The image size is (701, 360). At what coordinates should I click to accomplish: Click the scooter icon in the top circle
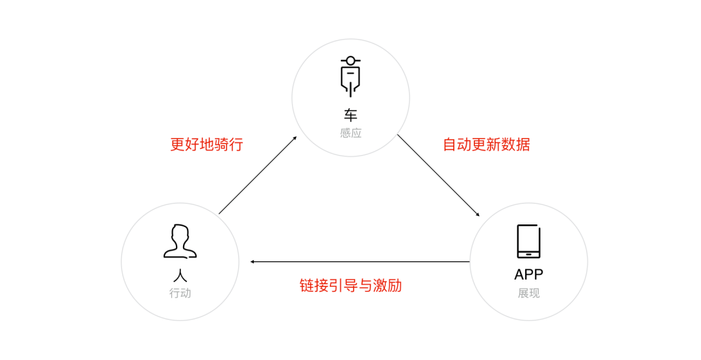[x=350, y=76]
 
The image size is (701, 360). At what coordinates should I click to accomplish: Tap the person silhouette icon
[x=180, y=241]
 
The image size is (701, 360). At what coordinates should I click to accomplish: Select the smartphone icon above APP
[x=528, y=241]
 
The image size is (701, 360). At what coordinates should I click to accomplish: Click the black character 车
[x=350, y=115]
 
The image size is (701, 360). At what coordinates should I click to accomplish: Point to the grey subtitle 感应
[x=350, y=133]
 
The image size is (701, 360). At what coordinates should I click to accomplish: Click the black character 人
[x=180, y=274]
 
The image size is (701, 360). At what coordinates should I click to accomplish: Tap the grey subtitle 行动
[x=180, y=293]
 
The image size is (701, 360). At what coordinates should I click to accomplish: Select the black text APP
[x=528, y=274]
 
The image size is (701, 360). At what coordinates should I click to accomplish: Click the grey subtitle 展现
[x=528, y=293]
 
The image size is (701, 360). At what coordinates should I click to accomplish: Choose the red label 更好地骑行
[x=206, y=144]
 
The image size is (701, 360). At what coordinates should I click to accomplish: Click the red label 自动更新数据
[x=486, y=144]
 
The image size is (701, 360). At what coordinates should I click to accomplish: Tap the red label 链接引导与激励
[x=350, y=285]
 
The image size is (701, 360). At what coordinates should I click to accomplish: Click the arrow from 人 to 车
[x=258, y=175]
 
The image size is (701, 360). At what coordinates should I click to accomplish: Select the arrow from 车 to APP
[x=439, y=175]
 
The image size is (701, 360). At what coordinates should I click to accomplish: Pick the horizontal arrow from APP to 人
[x=360, y=262]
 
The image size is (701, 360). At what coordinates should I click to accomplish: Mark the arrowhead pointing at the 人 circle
[x=252, y=262]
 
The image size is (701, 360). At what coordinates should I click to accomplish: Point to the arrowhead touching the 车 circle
[x=295, y=138]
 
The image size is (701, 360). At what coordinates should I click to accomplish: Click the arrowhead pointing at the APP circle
[x=478, y=215]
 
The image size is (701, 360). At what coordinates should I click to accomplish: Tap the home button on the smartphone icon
[x=528, y=254]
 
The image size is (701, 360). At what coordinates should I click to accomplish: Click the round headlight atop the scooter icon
[x=350, y=60]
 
